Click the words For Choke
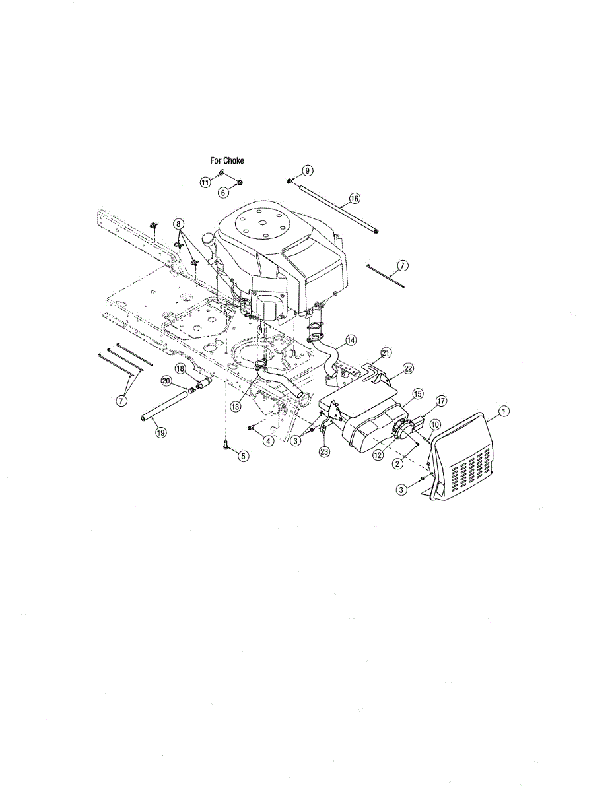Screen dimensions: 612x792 click(227, 160)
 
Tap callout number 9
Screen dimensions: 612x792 click(307, 170)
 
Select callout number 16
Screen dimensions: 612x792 click(355, 198)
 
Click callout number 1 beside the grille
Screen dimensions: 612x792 click(504, 411)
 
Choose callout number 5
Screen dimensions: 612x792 click(244, 455)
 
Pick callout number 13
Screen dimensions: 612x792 click(236, 407)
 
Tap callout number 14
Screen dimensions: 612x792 click(351, 341)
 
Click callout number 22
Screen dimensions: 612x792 click(408, 369)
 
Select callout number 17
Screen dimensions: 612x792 click(441, 401)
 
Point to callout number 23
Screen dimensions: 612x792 click(324, 452)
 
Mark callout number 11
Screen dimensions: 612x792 click(205, 182)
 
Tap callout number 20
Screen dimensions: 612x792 click(166, 381)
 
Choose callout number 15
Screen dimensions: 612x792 click(418, 394)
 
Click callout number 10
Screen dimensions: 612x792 click(435, 424)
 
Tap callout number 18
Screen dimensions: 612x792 click(180, 368)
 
